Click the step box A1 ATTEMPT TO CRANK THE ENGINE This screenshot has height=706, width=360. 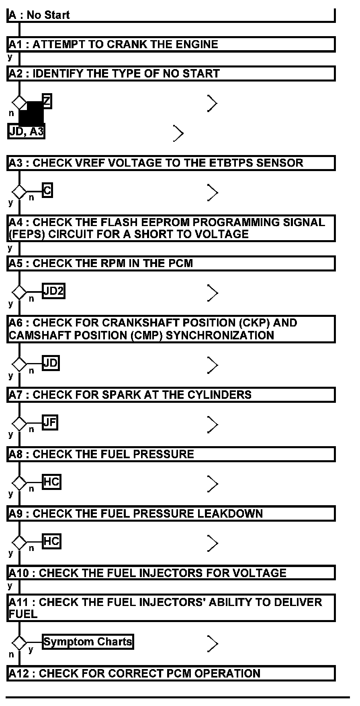point(171,44)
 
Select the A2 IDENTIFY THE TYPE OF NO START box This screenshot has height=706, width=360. point(171,73)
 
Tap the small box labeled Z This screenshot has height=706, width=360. point(47,101)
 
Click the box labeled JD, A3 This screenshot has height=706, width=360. point(26,131)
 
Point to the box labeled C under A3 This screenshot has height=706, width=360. point(47,190)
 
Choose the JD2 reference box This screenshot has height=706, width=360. point(53,291)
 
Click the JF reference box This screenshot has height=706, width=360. point(50,422)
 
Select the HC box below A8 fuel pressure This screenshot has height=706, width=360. point(51,482)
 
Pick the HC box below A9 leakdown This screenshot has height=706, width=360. point(51,541)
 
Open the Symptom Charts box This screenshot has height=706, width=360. point(88,642)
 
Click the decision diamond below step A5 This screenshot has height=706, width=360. point(19,292)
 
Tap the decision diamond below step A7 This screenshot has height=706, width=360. point(19,423)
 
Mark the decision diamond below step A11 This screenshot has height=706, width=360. point(19,643)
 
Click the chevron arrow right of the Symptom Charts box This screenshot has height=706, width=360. point(213,644)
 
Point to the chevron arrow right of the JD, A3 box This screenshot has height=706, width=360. point(178,133)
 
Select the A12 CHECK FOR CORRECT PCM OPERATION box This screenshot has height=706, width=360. point(171,673)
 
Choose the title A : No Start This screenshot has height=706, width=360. point(39,15)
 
